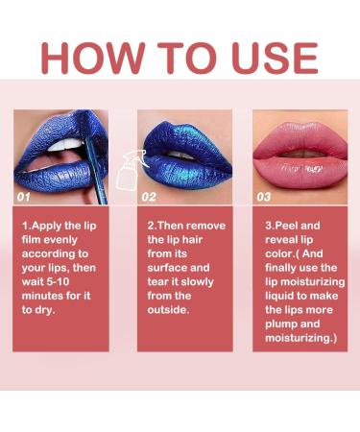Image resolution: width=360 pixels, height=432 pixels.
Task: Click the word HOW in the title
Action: point(91,58)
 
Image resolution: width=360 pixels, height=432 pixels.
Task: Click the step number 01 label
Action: point(25,196)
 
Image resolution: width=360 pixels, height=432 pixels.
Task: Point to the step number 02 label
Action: point(149,196)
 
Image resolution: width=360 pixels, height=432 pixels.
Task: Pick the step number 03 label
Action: point(265,196)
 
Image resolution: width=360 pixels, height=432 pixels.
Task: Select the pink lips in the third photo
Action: point(299,155)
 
